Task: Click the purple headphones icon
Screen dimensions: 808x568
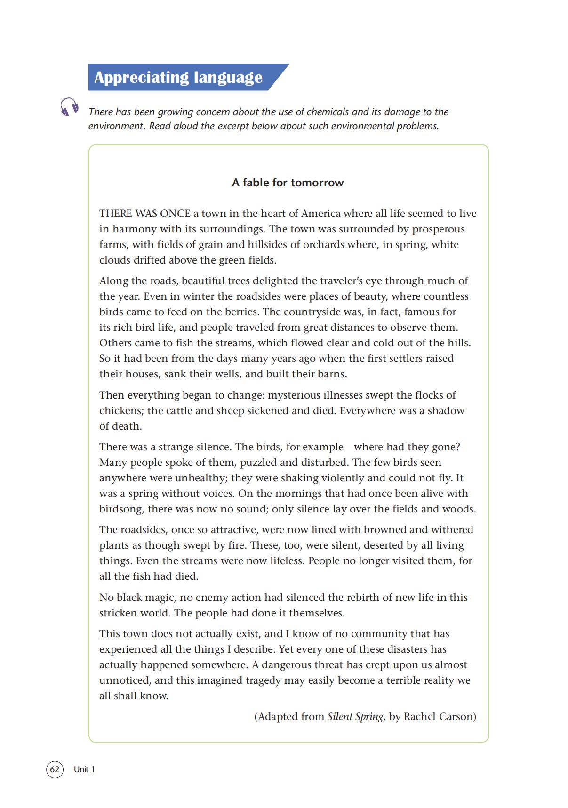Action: pos(69,107)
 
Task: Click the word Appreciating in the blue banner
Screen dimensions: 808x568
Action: pos(133,78)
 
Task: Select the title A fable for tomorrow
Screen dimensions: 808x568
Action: pos(288,183)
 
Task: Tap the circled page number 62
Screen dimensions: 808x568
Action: pos(55,769)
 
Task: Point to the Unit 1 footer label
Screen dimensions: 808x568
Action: pos(84,769)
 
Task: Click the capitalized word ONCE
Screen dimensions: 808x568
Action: pos(175,214)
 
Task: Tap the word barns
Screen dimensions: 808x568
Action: pos(332,374)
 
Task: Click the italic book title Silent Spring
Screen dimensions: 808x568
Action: pos(355,717)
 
